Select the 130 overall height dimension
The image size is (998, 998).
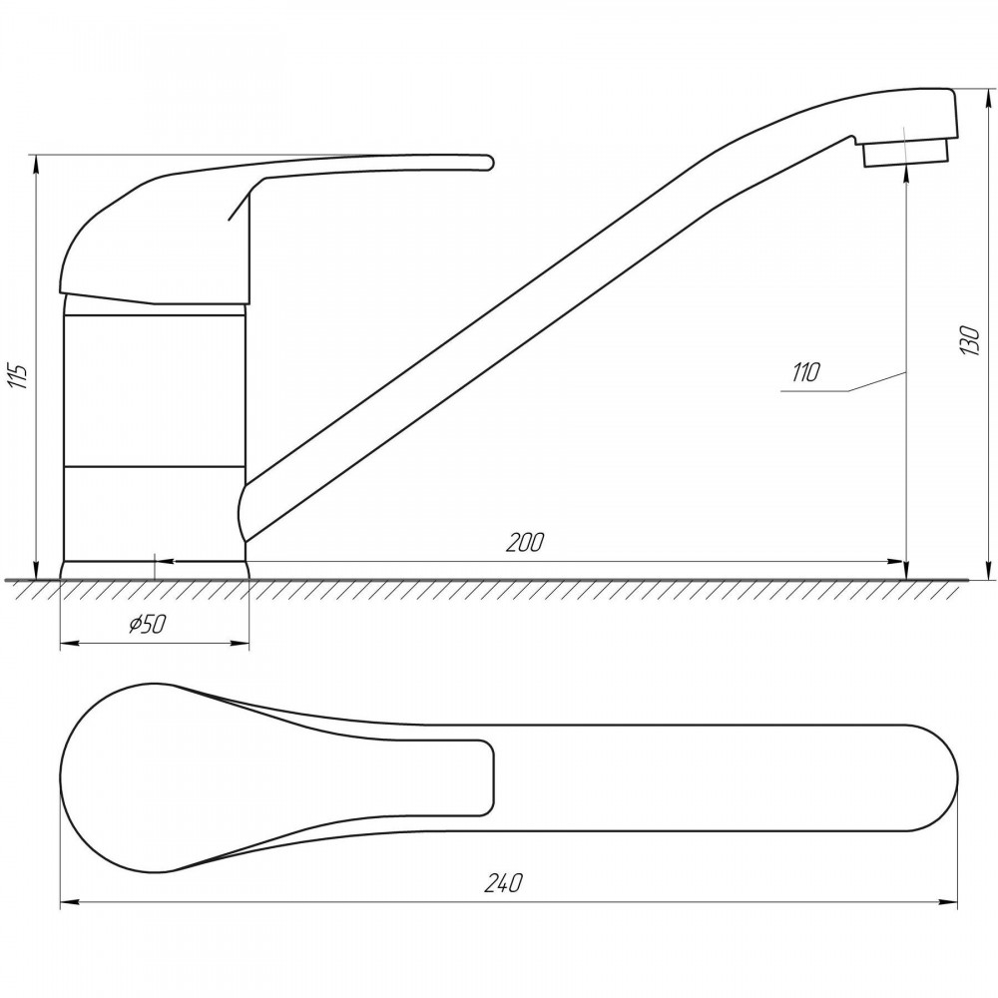coord(971,340)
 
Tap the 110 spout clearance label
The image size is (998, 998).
coord(806,371)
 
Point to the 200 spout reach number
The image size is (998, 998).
coord(525,543)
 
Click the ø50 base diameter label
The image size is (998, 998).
coord(147,625)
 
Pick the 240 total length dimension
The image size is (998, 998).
coord(503,883)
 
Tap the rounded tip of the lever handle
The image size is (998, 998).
coord(487,163)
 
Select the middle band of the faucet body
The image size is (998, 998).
coord(155,390)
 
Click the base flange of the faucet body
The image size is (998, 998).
coord(155,570)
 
